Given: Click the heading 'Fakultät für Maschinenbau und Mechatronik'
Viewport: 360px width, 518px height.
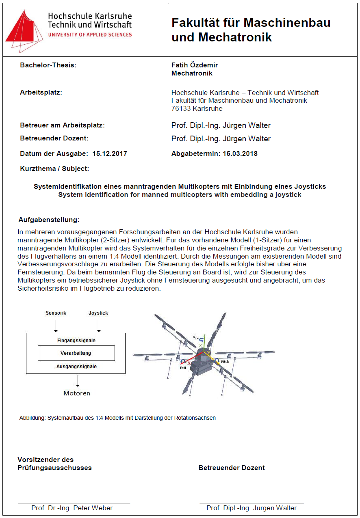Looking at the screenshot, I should pyautogui.click(x=251, y=30).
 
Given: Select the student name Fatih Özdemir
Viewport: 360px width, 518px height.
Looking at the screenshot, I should pyautogui.click(x=195, y=65).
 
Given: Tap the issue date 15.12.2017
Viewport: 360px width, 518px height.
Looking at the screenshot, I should pyautogui.click(x=110, y=153).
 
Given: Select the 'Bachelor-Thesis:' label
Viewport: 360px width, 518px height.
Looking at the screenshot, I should pyautogui.click(x=48, y=65).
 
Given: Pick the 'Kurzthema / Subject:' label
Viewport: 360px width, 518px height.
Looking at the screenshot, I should pyautogui.click(x=54, y=168).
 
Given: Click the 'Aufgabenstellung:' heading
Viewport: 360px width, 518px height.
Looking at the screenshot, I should pyautogui.click(x=49, y=220).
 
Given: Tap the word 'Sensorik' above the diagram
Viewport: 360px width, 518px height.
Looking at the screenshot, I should pyautogui.click(x=56, y=313).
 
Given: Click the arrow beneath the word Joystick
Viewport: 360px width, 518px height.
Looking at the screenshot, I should pyautogui.click(x=98, y=326).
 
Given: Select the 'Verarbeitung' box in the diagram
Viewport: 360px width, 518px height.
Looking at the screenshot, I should pyautogui.click(x=76, y=353).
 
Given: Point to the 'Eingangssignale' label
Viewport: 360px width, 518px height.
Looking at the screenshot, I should pyautogui.click(x=76, y=341).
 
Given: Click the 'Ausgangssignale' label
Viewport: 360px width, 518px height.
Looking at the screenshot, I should pyautogui.click(x=76, y=367).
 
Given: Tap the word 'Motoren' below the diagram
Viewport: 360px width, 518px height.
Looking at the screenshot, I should pyautogui.click(x=77, y=393).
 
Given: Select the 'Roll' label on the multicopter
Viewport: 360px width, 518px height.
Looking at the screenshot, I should pyautogui.click(x=183, y=368).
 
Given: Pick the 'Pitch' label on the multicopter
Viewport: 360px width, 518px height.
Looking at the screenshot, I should pyautogui.click(x=224, y=362).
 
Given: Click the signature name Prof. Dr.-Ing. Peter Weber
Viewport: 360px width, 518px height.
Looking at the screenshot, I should pyautogui.click(x=72, y=508).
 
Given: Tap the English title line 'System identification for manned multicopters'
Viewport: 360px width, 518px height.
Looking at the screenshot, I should pyautogui.click(x=180, y=194).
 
